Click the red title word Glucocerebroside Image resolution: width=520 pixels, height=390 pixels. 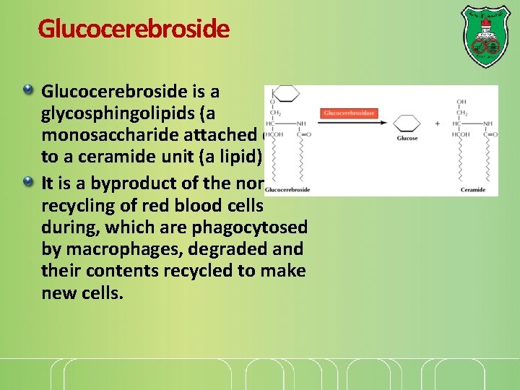[x=134, y=29]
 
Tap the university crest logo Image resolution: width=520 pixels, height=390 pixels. [x=485, y=36]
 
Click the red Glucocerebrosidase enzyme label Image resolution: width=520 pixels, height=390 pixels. [x=348, y=113]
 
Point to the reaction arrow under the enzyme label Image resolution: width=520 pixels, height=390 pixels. [x=348, y=123]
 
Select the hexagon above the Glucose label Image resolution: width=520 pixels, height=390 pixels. [x=407, y=123]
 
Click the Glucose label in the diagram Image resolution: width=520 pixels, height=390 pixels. [x=407, y=138]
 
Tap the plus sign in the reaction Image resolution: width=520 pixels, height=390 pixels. [x=437, y=123]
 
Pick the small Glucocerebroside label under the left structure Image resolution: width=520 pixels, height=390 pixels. [x=287, y=191]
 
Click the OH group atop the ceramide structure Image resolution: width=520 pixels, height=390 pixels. [x=461, y=101]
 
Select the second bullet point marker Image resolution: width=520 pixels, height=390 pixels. [x=28, y=181]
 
